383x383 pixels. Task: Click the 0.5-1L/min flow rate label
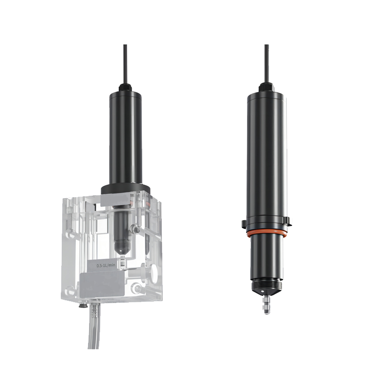point(106,265)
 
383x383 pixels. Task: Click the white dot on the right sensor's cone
point(262,292)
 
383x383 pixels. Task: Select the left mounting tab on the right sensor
point(244,224)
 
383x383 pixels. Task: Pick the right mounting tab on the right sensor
point(289,222)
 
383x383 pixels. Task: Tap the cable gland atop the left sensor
point(125,88)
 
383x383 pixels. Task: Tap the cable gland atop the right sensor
point(266,87)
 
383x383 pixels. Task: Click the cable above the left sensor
point(125,64)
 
